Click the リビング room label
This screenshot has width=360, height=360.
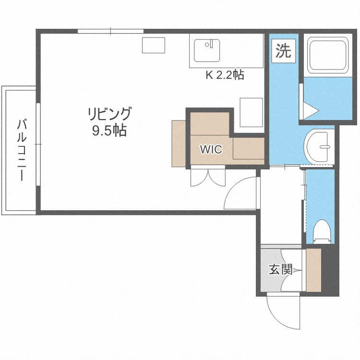(x=109, y=114)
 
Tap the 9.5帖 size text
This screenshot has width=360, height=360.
(x=109, y=131)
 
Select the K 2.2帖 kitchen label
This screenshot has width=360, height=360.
(x=225, y=75)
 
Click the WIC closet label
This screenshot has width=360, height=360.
(x=211, y=149)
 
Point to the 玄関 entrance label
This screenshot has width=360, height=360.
(x=280, y=270)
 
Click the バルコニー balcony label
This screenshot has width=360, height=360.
(x=22, y=150)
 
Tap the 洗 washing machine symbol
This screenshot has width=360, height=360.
(x=283, y=51)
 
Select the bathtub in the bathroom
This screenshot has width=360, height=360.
(x=329, y=55)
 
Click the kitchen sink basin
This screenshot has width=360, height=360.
(x=207, y=50)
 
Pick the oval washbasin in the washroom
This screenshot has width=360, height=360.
(x=318, y=145)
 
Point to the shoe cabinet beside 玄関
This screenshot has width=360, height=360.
(x=313, y=270)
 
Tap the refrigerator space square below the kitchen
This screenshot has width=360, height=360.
(x=251, y=112)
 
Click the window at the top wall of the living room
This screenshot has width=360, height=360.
(x=110, y=32)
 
